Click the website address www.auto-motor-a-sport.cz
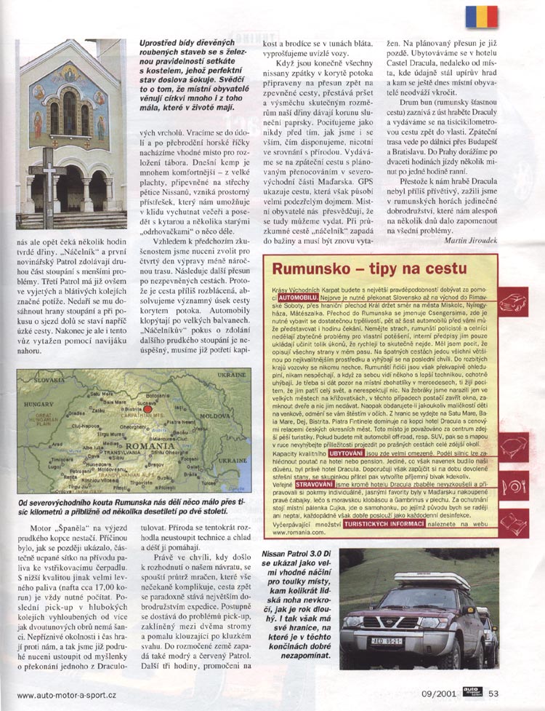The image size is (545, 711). (x=66, y=695)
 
